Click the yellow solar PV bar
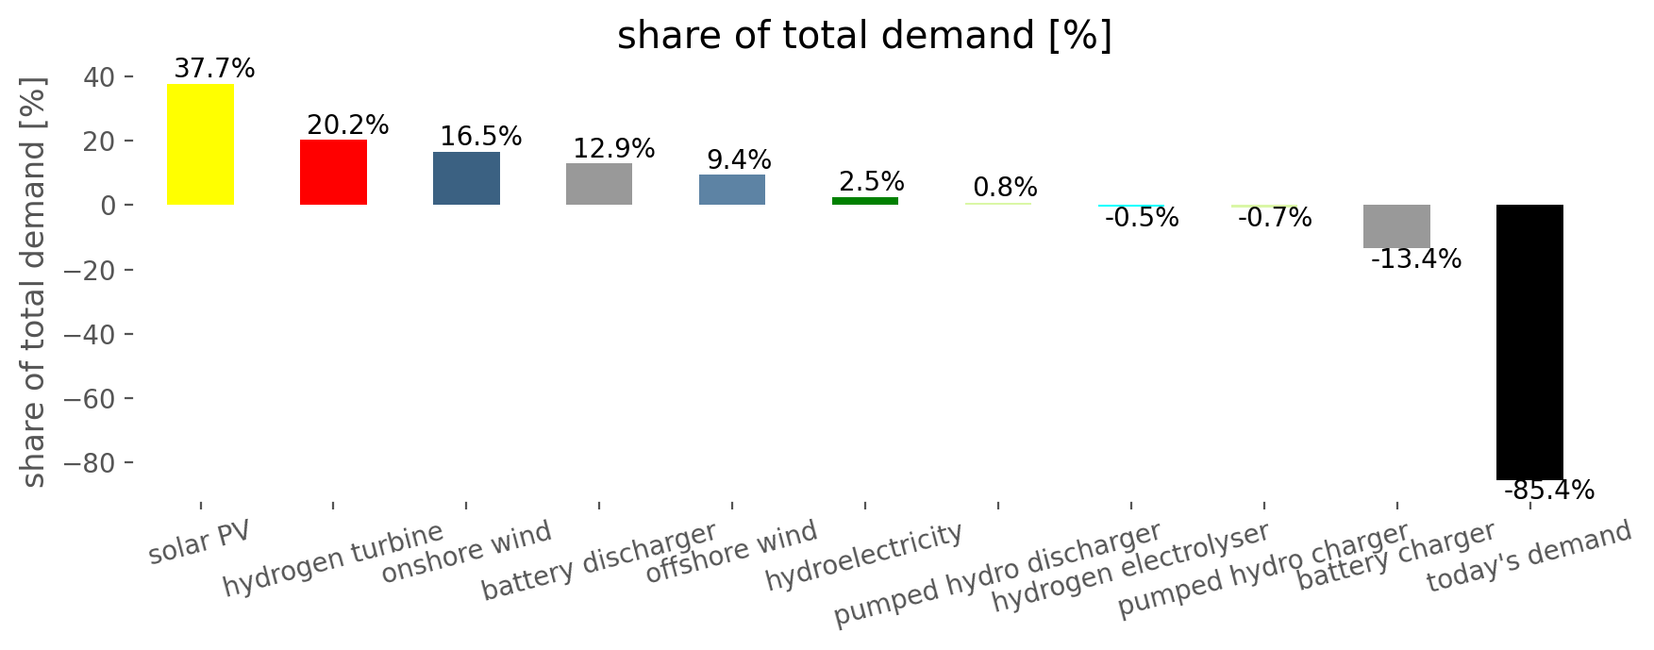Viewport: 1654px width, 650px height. click(200, 144)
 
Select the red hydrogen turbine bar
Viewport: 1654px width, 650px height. click(333, 172)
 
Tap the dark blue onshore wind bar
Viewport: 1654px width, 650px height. click(466, 178)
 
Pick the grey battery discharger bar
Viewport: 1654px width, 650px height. click(599, 184)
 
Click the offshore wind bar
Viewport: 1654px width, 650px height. click(732, 190)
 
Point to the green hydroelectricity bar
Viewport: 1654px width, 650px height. click(865, 201)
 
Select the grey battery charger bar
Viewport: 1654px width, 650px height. click(1396, 226)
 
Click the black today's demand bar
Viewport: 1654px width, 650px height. click(1529, 342)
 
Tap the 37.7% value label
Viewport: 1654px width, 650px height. click(214, 69)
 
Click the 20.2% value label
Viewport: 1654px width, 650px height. click(348, 125)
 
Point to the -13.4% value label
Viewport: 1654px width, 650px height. click(1415, 259)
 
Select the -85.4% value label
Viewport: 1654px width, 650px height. click(1548, 491)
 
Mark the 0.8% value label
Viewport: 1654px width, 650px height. click(1005, 188)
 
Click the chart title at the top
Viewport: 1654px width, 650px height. click(864, 36)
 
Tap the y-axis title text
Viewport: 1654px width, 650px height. click(33, 283)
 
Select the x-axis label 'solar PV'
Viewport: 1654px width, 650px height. click(200, 542)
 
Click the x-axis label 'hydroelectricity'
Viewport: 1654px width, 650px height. click(864, 556)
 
